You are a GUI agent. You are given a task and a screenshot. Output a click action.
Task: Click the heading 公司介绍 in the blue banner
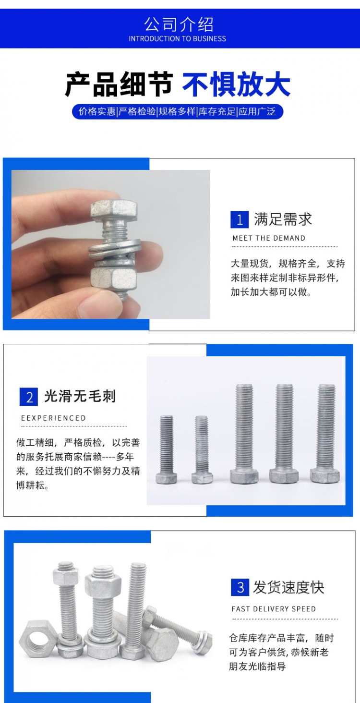(x=179, y=24)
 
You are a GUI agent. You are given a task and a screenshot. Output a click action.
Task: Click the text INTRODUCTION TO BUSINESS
(x=177, y=39)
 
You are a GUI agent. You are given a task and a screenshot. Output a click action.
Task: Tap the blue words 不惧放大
(x=236, y=84)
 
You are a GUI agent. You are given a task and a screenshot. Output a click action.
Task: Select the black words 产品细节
(x=119, y=84)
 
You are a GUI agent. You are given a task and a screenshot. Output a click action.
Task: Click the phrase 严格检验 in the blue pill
(x=137, y=111)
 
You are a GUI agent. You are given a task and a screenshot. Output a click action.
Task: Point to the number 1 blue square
(x=240, y=219)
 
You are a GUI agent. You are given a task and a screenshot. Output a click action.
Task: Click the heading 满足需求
(x=283, y=219)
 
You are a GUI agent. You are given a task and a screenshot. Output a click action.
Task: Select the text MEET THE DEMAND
(x=269, y=238)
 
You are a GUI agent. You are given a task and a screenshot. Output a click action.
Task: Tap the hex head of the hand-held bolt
(x=114, y=210)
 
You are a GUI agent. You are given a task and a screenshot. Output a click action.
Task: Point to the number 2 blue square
(x=28, y=397)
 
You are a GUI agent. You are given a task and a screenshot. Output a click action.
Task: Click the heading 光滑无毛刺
(x=80, y=396)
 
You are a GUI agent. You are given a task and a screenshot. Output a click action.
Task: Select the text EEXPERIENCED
(x=53, y=418)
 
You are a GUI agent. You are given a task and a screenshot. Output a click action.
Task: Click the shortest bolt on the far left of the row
(x=166, y=449)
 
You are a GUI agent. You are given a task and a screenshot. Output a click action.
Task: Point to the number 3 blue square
(x=240, y=587)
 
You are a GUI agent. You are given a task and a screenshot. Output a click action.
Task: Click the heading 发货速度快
(x=288, y=587)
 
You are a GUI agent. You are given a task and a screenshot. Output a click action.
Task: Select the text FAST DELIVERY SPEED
(x=274, y=609)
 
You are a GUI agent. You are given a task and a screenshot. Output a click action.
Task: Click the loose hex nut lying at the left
(x=37, y=639)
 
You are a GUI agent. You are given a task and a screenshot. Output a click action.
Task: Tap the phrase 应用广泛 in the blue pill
(x=257, y=111)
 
